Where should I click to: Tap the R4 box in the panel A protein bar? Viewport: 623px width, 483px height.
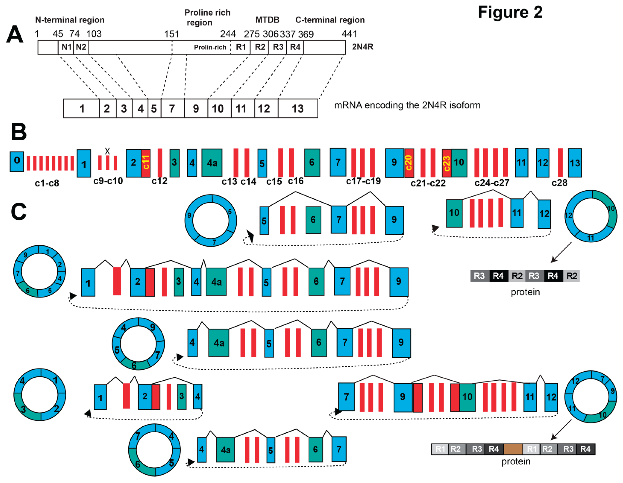tap(295, 47)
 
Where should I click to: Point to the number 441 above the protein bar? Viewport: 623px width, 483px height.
tap(349, 34)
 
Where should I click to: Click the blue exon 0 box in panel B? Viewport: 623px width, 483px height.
tap(17, 161)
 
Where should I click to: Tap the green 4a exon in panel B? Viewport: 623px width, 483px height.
tap(212, 163)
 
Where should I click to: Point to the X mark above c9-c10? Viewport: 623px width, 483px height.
tap(107, 151)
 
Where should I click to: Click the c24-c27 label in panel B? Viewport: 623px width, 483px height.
tap(492, 183)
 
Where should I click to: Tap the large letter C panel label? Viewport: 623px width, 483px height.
tap(19, 212)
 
